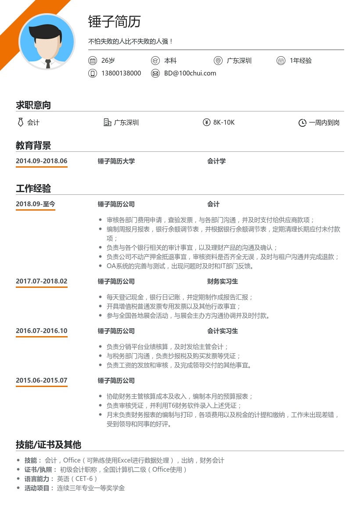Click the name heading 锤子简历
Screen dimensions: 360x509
pyautogui.click(x=114, y=22)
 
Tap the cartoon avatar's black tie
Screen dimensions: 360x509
pyautogui.click(x=47, y=64)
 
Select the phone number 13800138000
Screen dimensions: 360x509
pyautogui.click(x=121, y=73)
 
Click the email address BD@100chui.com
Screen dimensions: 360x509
pyautogui.click(x=190, y=73)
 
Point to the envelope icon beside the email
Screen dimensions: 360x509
pyautogui.click(x=155, y=73)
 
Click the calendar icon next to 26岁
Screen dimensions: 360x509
pyautogui.click(x=92, y=61)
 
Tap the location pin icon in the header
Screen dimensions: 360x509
pyautogui.click(x=218, y=61)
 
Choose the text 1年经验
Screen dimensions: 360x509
pyautogui.click(x=301, y=61)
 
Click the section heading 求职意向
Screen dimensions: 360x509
pyautogui.click(x=33, y=105)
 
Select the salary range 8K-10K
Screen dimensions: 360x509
pyautogui.click(x=224, y=122)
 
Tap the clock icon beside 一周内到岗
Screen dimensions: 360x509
pyautogui.click(x=302, y=123)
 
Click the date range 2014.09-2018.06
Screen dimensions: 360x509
pyautogui.click(x=42, y=161)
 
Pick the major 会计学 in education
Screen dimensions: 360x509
pyautogui.click(x=216, y=161)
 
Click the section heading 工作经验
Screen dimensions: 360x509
pyautogui.click(x=33, y=189)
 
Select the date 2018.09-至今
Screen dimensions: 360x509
pyautogui.click(x=36, y=204)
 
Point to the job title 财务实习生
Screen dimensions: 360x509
pyautogui.click(x=223, y=281)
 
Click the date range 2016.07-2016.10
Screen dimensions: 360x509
pyautogui.click(x=42, y=331)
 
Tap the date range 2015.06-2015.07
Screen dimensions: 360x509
pyautogui.click(x=42, y=380)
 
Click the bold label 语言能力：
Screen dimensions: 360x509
pyautogui.click(x=40, y=479)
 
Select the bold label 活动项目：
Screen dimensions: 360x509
pyautogui.click(x=40, y=488)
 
